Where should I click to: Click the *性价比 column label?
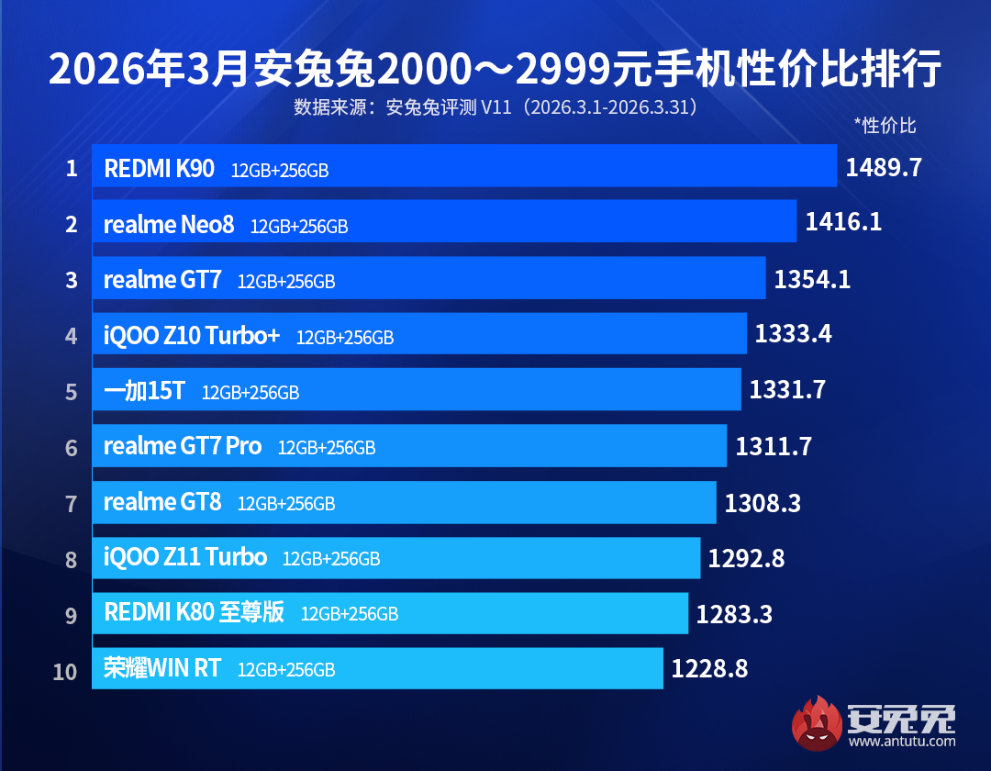click(x=885, y=126)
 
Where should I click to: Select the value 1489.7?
click(x=883, y=167)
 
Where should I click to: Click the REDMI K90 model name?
click(x=159, y=168)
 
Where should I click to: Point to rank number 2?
click(x=71, y=224)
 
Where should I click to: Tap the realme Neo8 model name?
click(x=169, y=224)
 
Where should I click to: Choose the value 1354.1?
click(x=812, y=279)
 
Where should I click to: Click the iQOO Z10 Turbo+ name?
click(x=192, y=335)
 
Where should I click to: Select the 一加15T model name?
click(x=144, y=391)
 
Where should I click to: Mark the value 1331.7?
click(x=787, y=390)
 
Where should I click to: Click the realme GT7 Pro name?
click(x=183, y=446)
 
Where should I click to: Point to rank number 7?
click(x=71, y=503)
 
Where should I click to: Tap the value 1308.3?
click(x=763, y=502)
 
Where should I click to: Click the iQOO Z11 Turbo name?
click(x=185, y=557)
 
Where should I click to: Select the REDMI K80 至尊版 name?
click(x=194, y=612)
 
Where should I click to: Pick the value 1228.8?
click(x=709, y=669)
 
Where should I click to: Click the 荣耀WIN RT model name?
click(x=162, y=668)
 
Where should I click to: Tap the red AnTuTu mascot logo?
click(x=816, y=721)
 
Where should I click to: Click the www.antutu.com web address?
click(x=901, y=742)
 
